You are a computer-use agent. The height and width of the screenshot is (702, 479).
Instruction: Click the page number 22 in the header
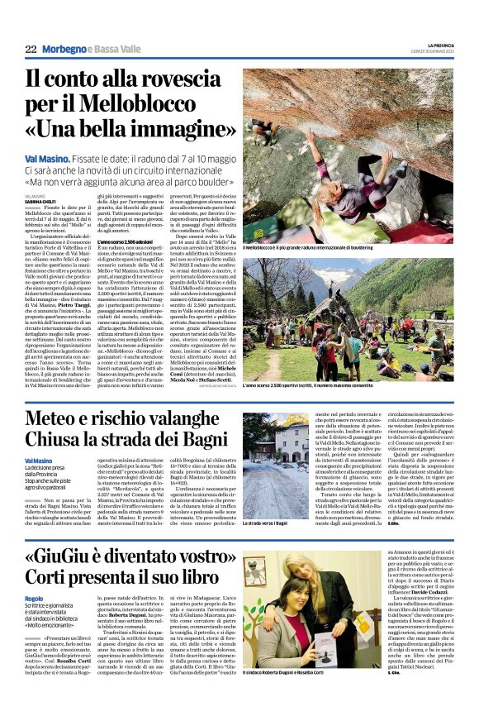coord(31,50)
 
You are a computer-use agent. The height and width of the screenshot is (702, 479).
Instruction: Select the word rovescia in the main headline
coord(177,83)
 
